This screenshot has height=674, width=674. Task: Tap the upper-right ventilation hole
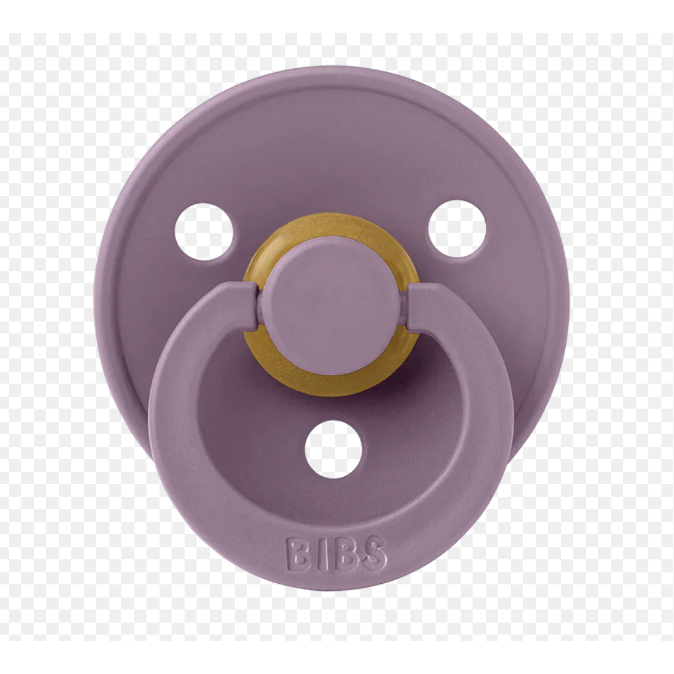tap(457, 228)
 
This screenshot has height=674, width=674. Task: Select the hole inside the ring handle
tap(333, 449)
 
